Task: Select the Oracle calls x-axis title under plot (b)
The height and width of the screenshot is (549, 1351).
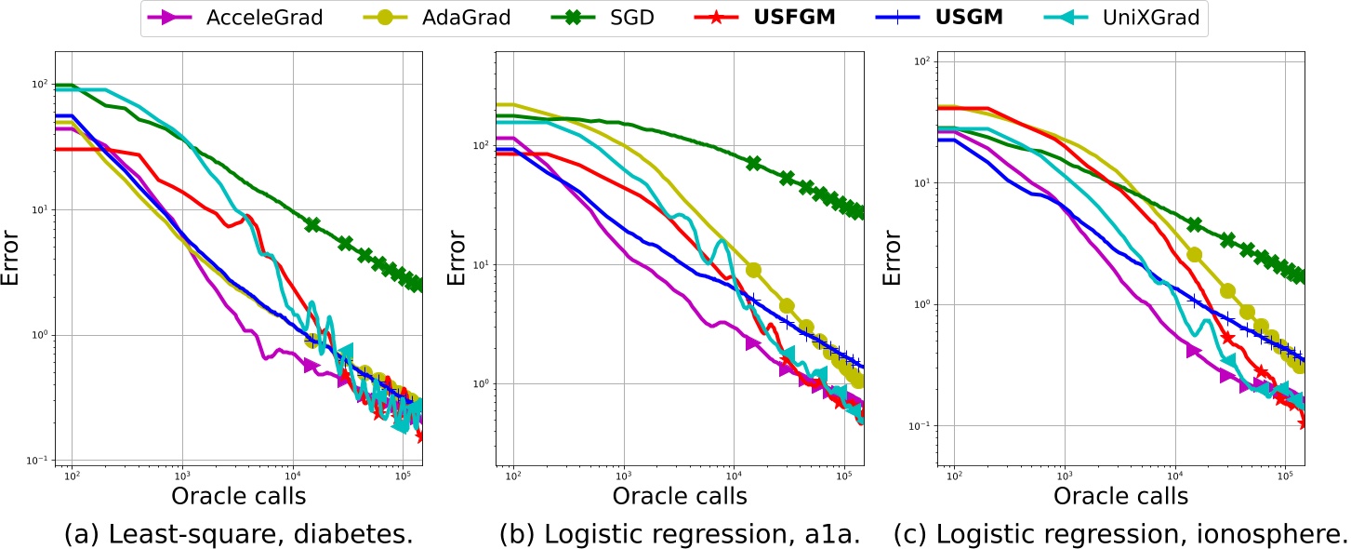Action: point(679,496)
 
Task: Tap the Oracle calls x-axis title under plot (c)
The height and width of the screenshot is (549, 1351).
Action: point(1120,496)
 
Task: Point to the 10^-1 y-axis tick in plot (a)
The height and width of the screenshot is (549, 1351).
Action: point(38,461)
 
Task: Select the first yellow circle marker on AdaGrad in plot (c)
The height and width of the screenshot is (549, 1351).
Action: point(1195,254)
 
